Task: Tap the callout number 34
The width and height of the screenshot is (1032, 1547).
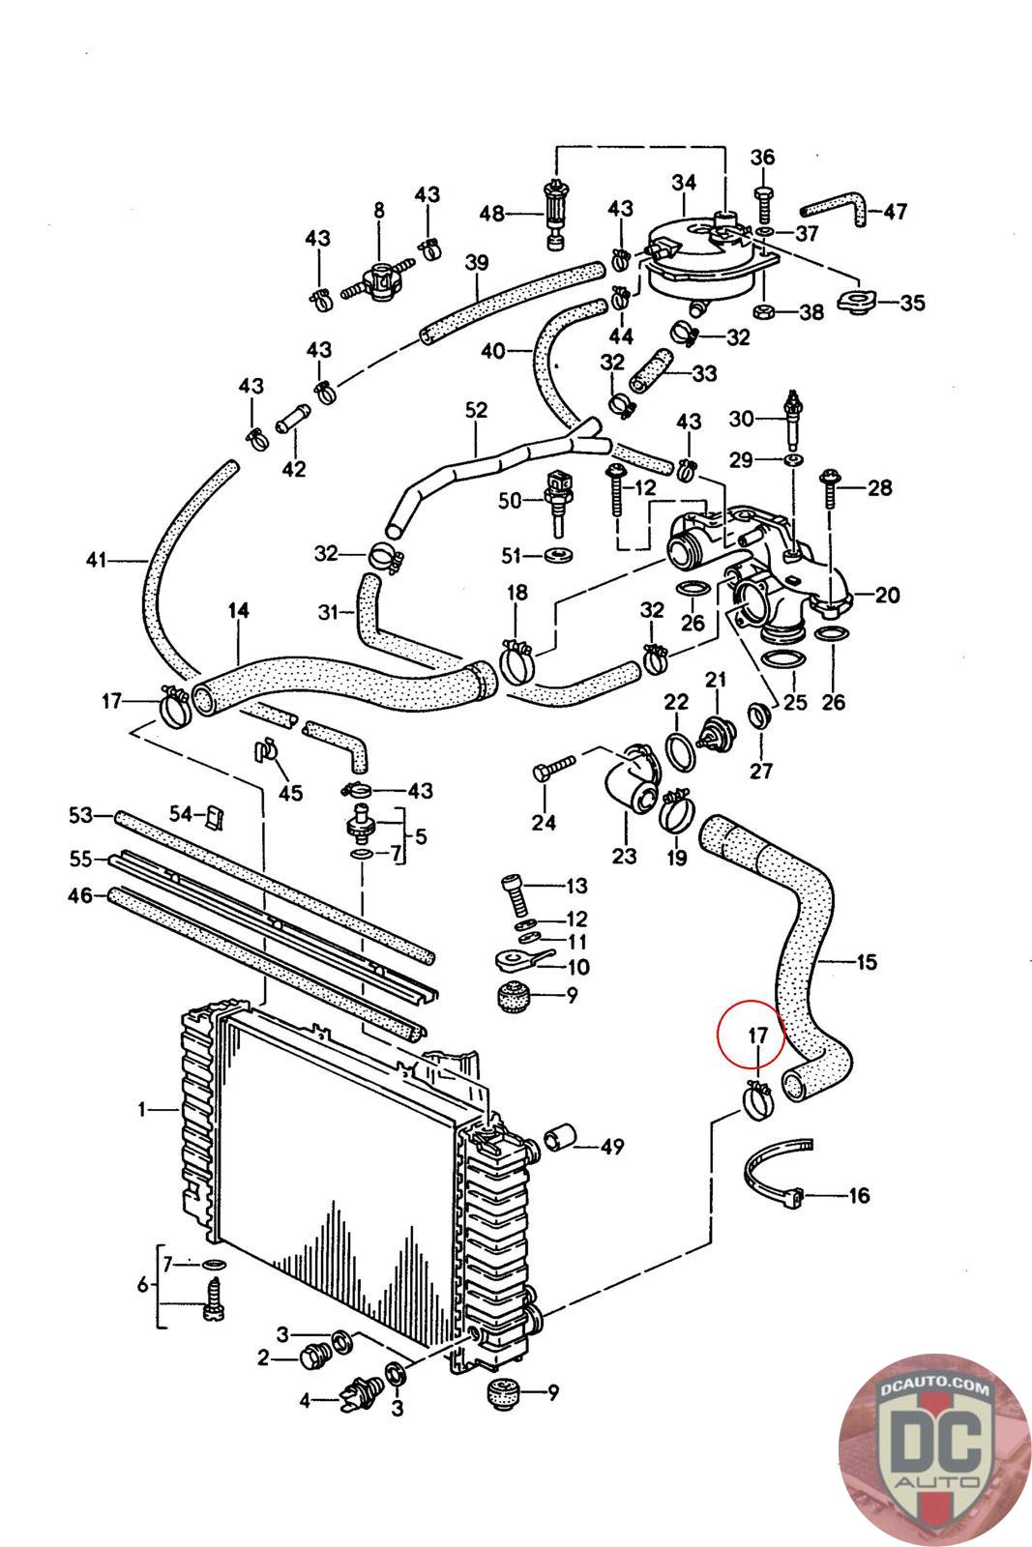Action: click(x=684, y=181)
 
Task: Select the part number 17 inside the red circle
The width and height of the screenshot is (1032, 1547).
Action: click(x=757, y=1036)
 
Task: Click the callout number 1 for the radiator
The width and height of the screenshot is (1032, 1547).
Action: click(x=142, y=1110)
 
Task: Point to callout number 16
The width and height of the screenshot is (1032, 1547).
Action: click(x=859, y=1195)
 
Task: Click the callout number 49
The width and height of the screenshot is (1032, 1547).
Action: click(x=611, y=1148)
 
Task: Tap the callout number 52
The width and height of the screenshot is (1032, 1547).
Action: click(x=476, y=411)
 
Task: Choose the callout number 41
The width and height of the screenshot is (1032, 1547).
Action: click(x=94, y=559)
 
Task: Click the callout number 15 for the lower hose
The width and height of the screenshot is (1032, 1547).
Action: click(x=867, y=962)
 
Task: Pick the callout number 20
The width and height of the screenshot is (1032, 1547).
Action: click(x=888, y=595)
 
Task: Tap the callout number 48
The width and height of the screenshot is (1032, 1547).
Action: click(x=493, y=213)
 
